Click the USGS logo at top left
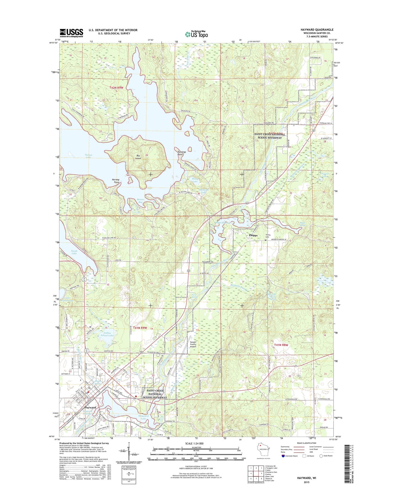tap(71, 33)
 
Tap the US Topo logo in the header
tap(196, 34)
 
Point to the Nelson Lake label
tap(88, 156)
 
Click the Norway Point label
tap(116, 181)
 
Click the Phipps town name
tap(253, 235)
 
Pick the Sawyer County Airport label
tap(193, 344)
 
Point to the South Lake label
tap(74, 252)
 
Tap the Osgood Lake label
tap(324, 175)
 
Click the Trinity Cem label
tap(268, 236)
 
